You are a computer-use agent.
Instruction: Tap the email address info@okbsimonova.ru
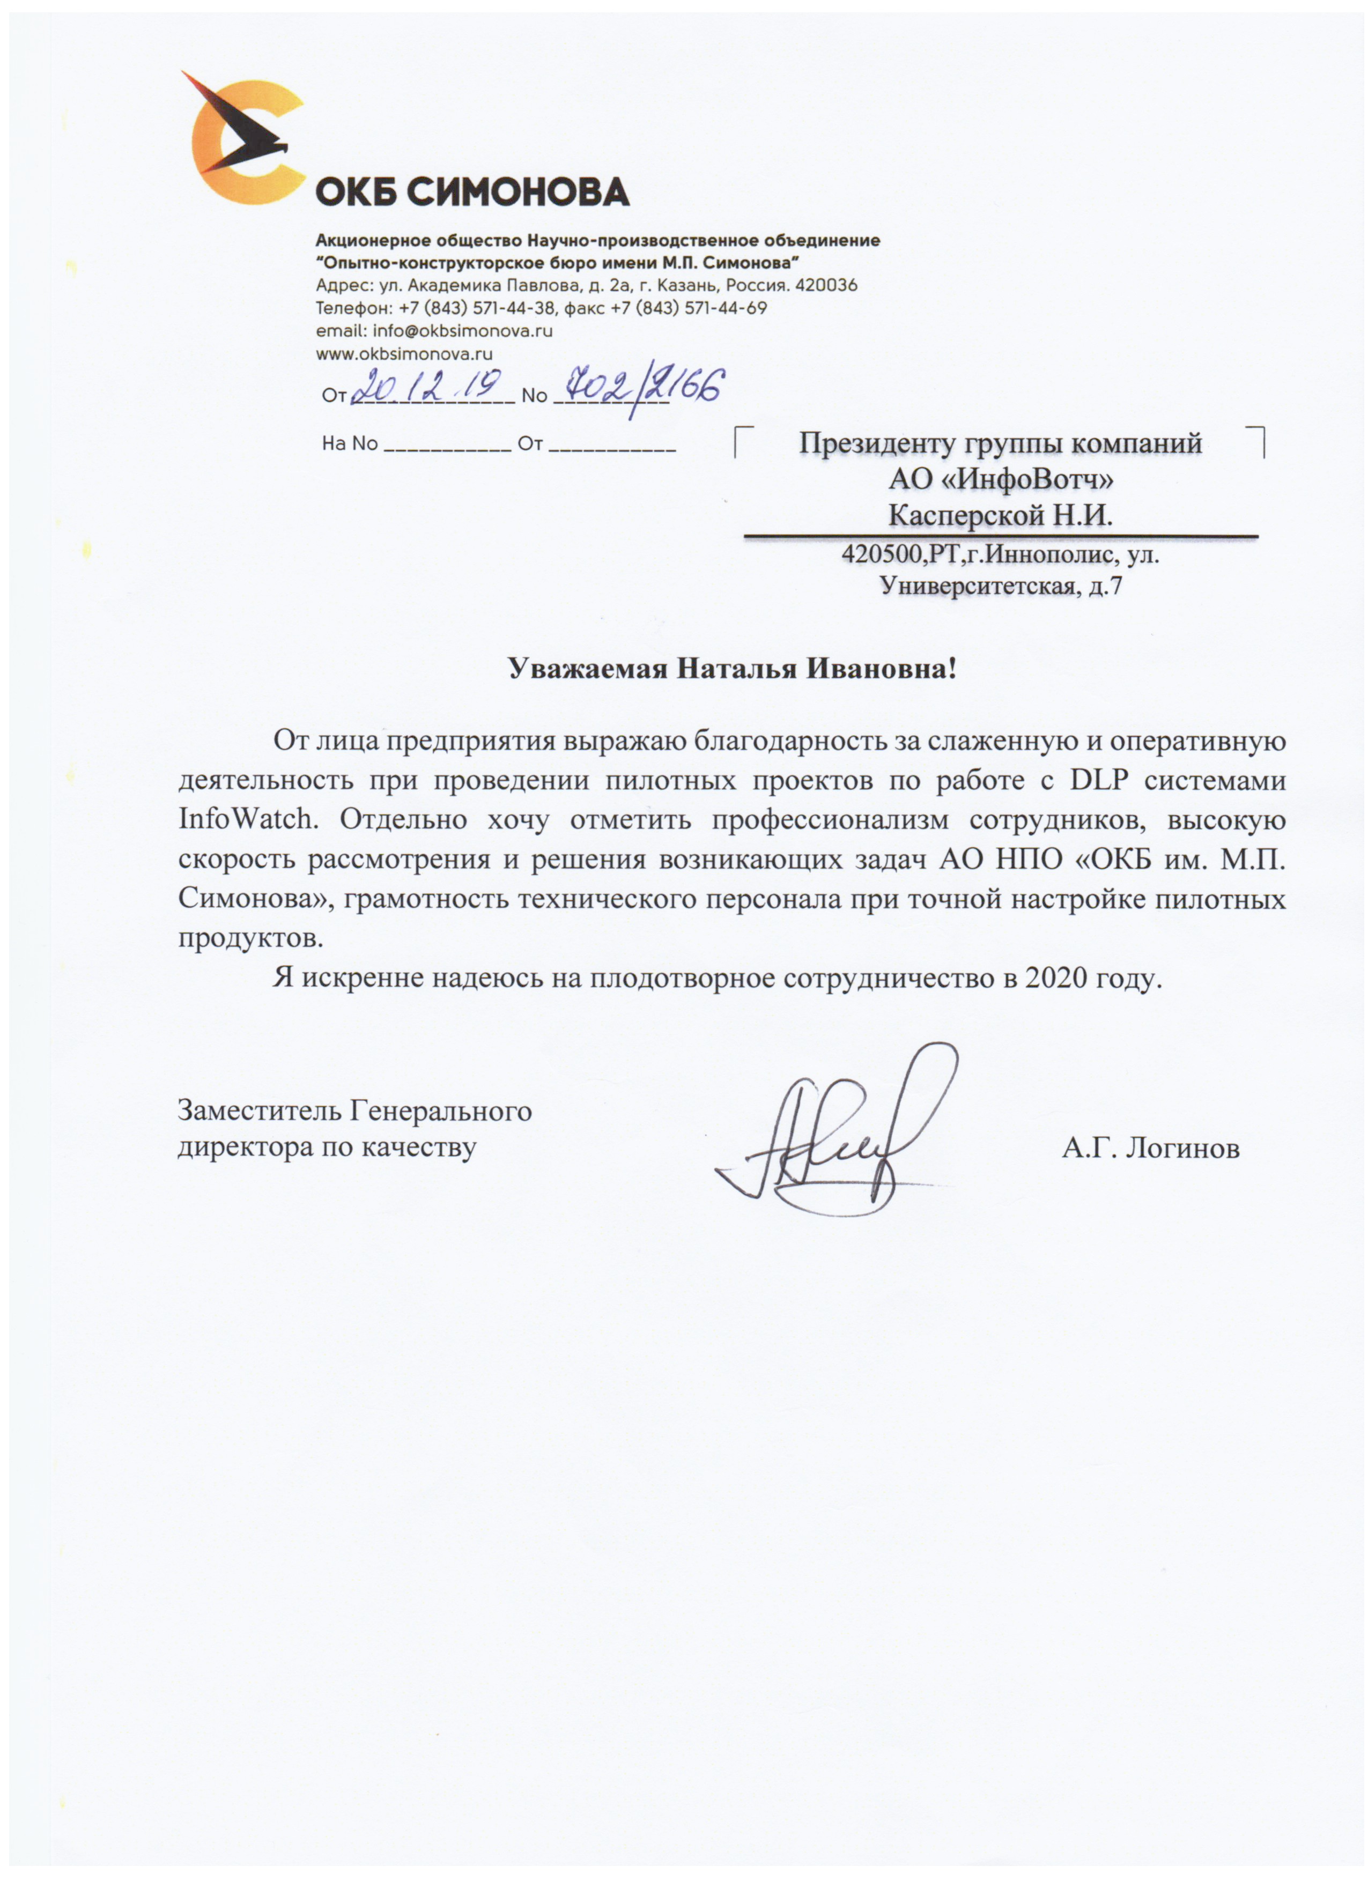tap(462, 330)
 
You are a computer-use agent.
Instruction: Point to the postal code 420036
tap(826, 285)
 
